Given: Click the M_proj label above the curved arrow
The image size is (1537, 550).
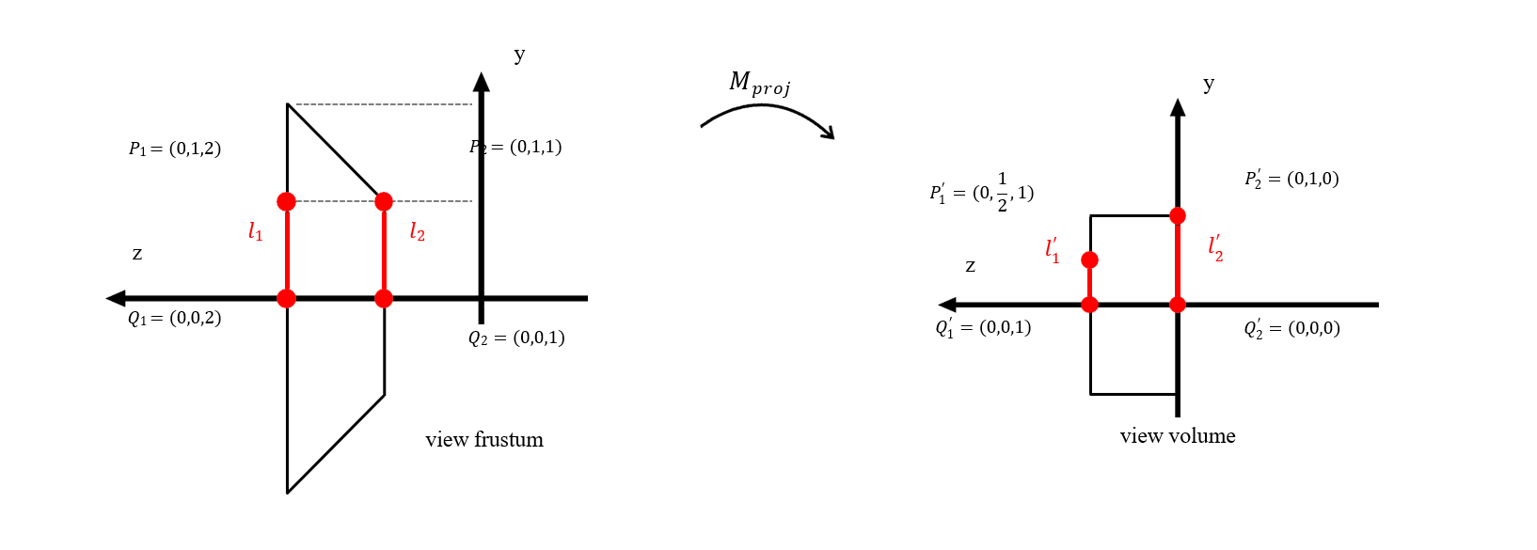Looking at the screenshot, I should point(759,84).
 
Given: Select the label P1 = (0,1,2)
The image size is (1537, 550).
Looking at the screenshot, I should point(175,149).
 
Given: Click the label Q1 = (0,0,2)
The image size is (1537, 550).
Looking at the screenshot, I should point(175,318).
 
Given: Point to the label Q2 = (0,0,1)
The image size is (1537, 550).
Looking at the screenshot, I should point(516,338).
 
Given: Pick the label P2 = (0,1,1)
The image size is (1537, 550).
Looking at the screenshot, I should point(515,147).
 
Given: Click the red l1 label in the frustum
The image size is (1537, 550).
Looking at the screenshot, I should point(255,231).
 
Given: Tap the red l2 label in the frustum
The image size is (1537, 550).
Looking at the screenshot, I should point(417,231).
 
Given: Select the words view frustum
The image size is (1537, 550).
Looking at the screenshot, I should point(483,439).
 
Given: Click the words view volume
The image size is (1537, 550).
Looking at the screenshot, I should point(1178,435).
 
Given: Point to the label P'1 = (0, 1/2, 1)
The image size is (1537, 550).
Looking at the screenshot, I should point(981,193).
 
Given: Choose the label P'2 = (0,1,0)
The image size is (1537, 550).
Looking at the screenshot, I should point(1291,179).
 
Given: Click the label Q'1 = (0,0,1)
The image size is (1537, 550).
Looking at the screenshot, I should point(983,327).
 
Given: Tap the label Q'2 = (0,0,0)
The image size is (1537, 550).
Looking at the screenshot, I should point(1291,328).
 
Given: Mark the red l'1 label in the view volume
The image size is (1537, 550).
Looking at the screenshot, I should point(1052,250).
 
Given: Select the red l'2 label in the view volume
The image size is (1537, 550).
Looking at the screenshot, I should point(1215,248).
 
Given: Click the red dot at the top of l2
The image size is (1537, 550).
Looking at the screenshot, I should point(384,201).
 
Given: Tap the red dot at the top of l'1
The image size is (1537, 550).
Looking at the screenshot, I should point(1089,259).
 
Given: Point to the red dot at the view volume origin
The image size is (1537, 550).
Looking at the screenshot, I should point(1178,305).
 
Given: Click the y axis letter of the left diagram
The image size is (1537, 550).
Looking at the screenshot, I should point(519,55).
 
